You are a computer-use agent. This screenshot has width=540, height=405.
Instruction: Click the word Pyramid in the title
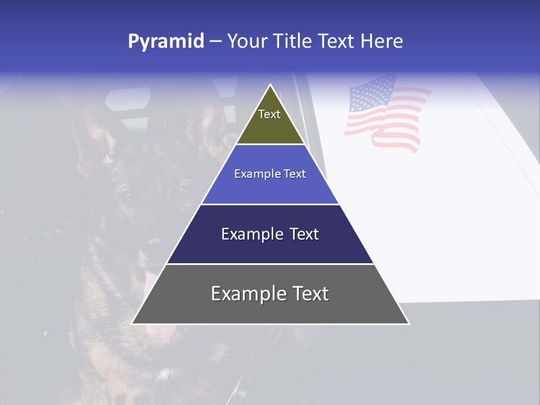[x=166, y=42]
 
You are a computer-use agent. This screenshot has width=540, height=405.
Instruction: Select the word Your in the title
[x=247, y=41]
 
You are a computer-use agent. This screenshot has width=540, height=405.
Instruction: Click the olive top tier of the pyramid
[x=271, y=127]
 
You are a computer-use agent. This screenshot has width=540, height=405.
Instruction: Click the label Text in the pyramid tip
[x=269, y=114]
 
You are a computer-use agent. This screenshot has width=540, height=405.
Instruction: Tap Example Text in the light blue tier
[x=270, y=174]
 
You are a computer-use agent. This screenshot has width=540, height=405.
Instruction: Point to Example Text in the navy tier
[x=270, y=234]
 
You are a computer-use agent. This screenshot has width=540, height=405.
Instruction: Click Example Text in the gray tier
[x=270, y=294]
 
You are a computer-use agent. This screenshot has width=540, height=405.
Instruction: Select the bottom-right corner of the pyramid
[x=409, y=323]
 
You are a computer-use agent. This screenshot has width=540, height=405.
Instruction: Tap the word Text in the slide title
[x=336, y=41]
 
